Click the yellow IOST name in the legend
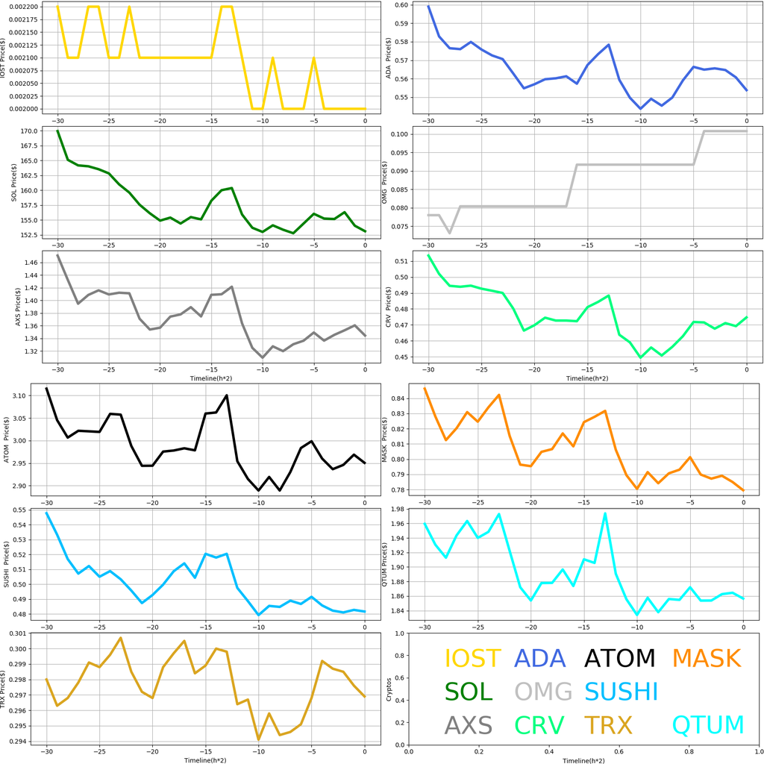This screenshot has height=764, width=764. [x=472, y=658]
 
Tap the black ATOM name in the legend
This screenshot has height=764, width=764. [x=619, y=658]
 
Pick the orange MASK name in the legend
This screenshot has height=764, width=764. [x=706, y=658]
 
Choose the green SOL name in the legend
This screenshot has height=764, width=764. [x=469, y=692]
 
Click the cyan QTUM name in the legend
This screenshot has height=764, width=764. [x=708, y=724]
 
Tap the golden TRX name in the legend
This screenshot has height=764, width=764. [x=607, y=724]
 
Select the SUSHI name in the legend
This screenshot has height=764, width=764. [x=621, y=692]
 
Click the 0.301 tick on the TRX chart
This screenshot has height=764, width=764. [x=25, y=633]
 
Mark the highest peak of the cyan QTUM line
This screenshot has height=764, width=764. [x=605, y=513]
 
